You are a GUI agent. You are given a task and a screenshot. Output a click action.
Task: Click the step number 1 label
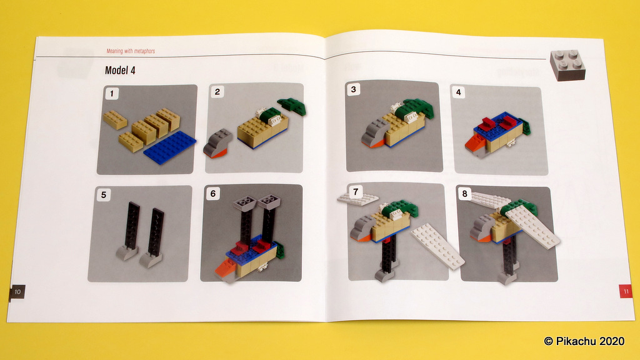pyautogui.click(x=112, y=94)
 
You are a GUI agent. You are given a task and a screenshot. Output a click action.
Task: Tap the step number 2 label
pyautogui.click(x=217, y=92)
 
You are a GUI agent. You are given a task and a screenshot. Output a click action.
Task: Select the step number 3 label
pyautogui.click(x=354, y=89)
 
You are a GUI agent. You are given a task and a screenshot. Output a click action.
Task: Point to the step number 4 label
pyautogui.click(x=458, y=92)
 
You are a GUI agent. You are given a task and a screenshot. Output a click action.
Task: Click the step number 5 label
pyautogui.click(x=104, y=195)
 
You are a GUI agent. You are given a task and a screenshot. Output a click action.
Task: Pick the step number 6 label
pyautogui.click(x=213, y=194)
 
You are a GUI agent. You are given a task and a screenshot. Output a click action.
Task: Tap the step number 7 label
pyautogui.click(x=356, y=191)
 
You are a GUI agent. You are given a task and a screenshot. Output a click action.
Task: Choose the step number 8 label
pyautogui.click(x=464, y=194)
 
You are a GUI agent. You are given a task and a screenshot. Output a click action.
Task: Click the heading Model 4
pyautogui.click(x=120, y=70)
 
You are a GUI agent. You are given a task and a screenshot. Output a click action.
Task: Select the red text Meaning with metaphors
pyautogui.click(x=131, y=51)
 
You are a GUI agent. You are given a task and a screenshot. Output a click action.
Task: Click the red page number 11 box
pyautogui.click(x=626, y=291)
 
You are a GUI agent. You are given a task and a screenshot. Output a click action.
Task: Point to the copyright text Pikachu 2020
pyautogui.click(x=584, y=341)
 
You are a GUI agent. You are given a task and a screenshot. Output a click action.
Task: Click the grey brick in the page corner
pyautogui.click(x=567, y=65)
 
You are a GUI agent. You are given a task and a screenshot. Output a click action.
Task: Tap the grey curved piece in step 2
pyautogui.click(x=217, y=143)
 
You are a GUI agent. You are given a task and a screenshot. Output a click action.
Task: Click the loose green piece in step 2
pyautogui.click(x=292, y=106)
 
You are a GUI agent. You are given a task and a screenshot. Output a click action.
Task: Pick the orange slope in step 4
pyautogui.click(x=475, y=143)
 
